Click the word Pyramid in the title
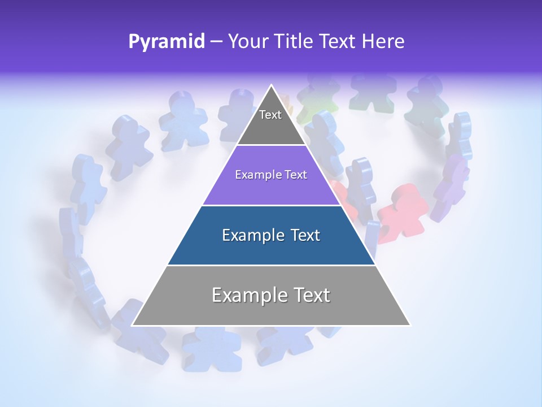tap(166, 42)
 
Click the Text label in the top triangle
tap(270, 115)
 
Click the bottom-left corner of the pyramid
tap(133, 325)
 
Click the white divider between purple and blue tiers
tap(271, 205)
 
